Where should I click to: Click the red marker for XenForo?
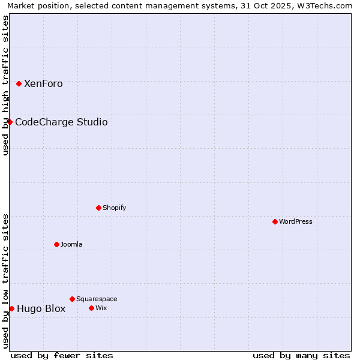[19, 83]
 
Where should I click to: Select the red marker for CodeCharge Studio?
[10, 122]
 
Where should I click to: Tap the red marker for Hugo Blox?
[11, 308]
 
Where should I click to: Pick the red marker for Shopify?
[98, 208]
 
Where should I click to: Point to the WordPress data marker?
[275, 221]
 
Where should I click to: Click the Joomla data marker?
[56, 244]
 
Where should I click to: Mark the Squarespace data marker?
[72, 299]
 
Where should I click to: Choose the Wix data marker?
[91, 308]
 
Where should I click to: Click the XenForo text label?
[43, 84]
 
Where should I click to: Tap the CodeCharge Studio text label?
[61, 122]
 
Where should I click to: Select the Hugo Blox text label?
[41, 309]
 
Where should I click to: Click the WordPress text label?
[296, 222]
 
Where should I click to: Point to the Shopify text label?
[114, 208]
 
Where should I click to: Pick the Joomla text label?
[71, 245]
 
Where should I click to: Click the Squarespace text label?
[97, 299]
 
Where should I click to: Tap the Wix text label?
[101, 308]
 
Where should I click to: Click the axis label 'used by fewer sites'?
[62, 355]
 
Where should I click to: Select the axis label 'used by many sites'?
[301, 355]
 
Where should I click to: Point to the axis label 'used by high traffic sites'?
[6, 85]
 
